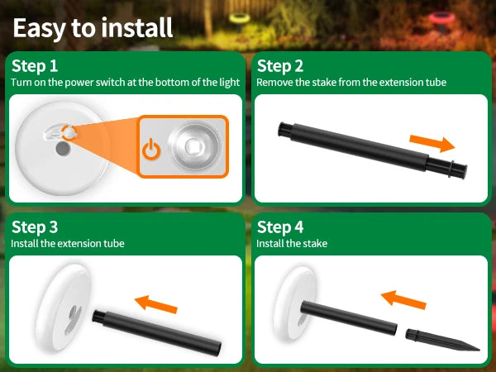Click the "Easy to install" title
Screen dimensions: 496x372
coord(93,28)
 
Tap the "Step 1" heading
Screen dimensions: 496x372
coord(35,66)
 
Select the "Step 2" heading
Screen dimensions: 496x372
coord(280,66)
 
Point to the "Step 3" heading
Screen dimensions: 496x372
coord(35,227)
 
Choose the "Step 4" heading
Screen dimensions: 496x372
coord(280,227)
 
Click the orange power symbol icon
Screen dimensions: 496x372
coord(151,150)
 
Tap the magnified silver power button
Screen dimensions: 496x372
coord(194,145)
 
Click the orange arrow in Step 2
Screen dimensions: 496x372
coord(432,143)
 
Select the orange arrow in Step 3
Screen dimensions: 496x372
coord(156,304)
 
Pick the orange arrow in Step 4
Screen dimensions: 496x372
coord(403,299)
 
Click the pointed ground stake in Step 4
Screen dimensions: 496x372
coord(442,341)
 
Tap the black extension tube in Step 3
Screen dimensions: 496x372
coord(157,333)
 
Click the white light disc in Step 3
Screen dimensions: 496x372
coord(64,308)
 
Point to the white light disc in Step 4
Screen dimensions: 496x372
coord(295,303)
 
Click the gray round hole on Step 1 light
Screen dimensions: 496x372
coord(63,149)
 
